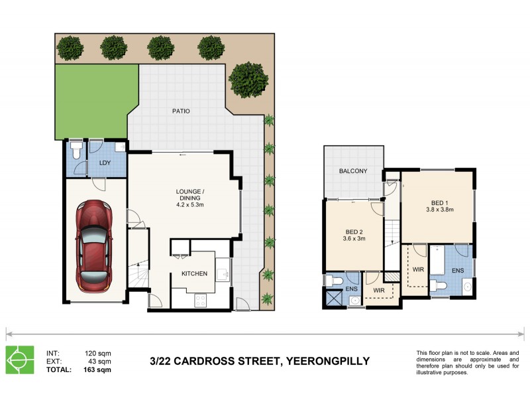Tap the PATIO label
click(181, 111)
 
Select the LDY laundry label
click(104, 163)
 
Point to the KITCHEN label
click(194, 274)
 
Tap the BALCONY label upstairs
click(353, 171)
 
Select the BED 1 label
click(438, 203)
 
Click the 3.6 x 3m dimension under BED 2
click(355, 239)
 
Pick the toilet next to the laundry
click(77, 152)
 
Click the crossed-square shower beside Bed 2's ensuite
click(333, 298)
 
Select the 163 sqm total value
click(99, 370)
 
